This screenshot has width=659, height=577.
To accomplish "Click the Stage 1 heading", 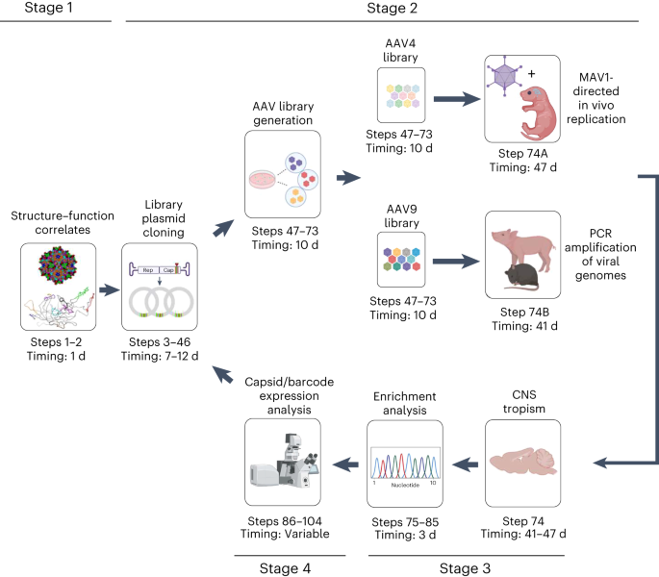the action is [48, 8].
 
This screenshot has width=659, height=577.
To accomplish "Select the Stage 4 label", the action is [285, 568].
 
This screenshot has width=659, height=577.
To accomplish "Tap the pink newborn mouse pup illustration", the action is [538, 113].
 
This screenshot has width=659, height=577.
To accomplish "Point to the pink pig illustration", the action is [523, 248].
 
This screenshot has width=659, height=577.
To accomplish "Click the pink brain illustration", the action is [523, 462].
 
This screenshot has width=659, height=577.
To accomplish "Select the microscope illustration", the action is [285, 462].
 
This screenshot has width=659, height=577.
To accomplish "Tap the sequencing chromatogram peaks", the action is [405, 465].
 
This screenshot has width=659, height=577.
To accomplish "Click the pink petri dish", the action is [263, 179].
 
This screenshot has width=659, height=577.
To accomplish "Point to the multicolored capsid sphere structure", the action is [58, 265].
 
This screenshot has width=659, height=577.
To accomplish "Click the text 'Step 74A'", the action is [522, 154].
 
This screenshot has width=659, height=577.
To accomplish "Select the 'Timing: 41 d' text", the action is [524, 326].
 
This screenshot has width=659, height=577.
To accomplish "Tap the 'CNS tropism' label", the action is [523, 401].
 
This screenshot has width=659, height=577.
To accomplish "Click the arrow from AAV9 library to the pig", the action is [456, 262].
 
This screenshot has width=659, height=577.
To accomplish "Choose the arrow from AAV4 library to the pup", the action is [457, 99].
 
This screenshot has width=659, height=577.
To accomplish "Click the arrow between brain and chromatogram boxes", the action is [465, 464].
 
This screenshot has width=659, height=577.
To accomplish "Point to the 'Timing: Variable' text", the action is [285, 534].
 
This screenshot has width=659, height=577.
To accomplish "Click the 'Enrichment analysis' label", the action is [405, 404].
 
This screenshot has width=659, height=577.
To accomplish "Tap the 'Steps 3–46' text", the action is [160, 342].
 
